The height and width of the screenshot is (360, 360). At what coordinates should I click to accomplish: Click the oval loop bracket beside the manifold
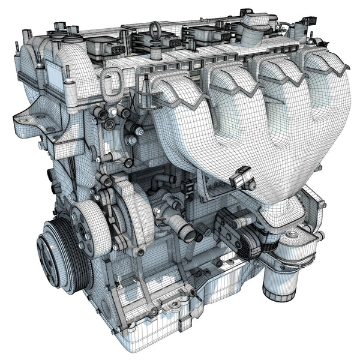tap(112, 85)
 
